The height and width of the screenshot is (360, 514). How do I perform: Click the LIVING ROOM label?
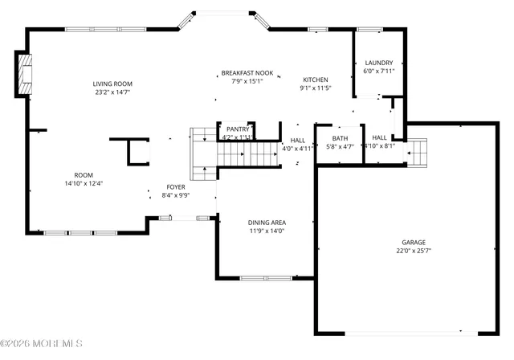[112, 84]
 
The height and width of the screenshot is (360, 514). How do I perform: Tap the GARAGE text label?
[414, 243]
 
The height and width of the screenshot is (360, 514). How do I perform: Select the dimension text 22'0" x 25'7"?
[414, 251]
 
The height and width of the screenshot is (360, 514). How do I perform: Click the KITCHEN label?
[315, 80]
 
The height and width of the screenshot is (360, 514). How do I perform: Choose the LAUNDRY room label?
[378, 63]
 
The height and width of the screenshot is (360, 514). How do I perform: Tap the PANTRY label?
[237, 129]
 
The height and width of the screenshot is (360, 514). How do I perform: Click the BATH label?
[340, 138]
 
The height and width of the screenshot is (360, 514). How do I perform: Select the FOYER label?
[175, 186]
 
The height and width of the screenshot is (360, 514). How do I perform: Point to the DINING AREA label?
[267, 223]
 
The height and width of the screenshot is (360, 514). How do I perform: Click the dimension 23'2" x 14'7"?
[112, 92]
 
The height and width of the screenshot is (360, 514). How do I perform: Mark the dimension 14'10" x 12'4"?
[84, 183]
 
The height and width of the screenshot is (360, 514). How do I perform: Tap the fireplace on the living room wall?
[25, 70]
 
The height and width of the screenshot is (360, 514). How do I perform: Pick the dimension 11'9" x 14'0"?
[267, 231]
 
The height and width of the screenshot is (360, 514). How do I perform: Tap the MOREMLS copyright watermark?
[42, 344]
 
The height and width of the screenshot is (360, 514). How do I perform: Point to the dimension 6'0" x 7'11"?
[378, 71]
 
